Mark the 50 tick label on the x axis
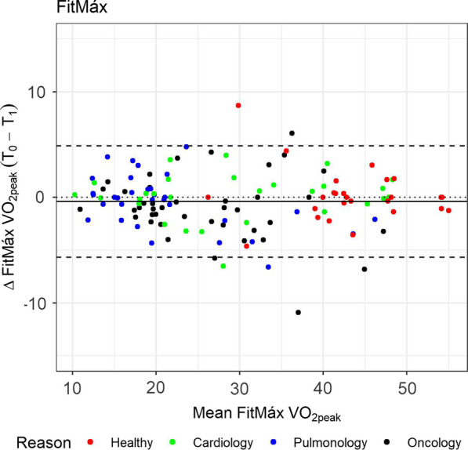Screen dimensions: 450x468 click(x=406, y=387)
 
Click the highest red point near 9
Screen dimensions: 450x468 click(x=238, y=105)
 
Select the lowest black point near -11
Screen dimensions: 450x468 click(x=299, y=312)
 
